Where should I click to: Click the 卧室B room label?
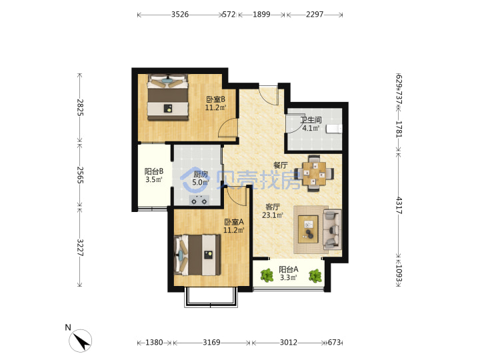coord(216,99)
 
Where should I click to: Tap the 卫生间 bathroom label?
coord(311,120)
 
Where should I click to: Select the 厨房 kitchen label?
coord(201,175)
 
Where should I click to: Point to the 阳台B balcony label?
coord(154,171)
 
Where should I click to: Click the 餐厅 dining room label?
coord(281,165)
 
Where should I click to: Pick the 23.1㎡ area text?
coord(273,215)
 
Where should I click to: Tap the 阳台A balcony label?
coord(289,269)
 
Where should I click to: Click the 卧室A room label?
coord(234,221)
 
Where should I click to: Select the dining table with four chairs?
coord(315,173)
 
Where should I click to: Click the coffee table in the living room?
coord(308,229)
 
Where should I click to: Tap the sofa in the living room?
coord(332,229)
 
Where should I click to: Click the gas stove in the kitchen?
coord(199,200)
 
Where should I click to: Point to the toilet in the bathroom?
coord(334,129)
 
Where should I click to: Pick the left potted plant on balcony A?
coord(267,275)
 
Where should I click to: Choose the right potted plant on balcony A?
coord(315,276)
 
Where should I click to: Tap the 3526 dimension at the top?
coord(180,15)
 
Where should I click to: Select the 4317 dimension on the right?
coord(399,205)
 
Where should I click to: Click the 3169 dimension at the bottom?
coord(211,342)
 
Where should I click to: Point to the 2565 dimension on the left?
coord(80,175)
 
